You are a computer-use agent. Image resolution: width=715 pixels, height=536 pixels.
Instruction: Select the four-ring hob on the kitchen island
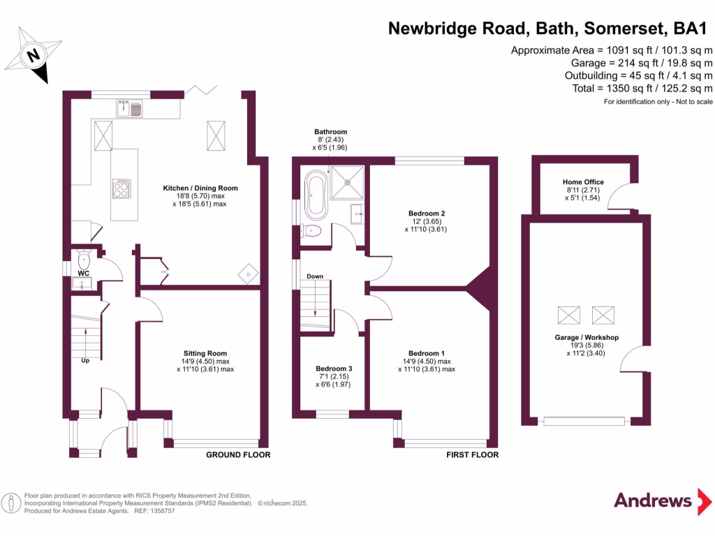(x=121, y=188)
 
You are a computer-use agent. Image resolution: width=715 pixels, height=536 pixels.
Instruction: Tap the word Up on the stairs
(x=84, y=361)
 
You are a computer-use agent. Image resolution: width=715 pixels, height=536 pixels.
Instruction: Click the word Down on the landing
(x=315, y=276)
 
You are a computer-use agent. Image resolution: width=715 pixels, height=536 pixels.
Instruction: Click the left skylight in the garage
(x=568, y=315)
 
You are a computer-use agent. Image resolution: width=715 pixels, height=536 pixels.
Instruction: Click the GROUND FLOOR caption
(x=237, y=455)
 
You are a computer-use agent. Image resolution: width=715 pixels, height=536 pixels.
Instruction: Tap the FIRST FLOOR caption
(x=472, y=455)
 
